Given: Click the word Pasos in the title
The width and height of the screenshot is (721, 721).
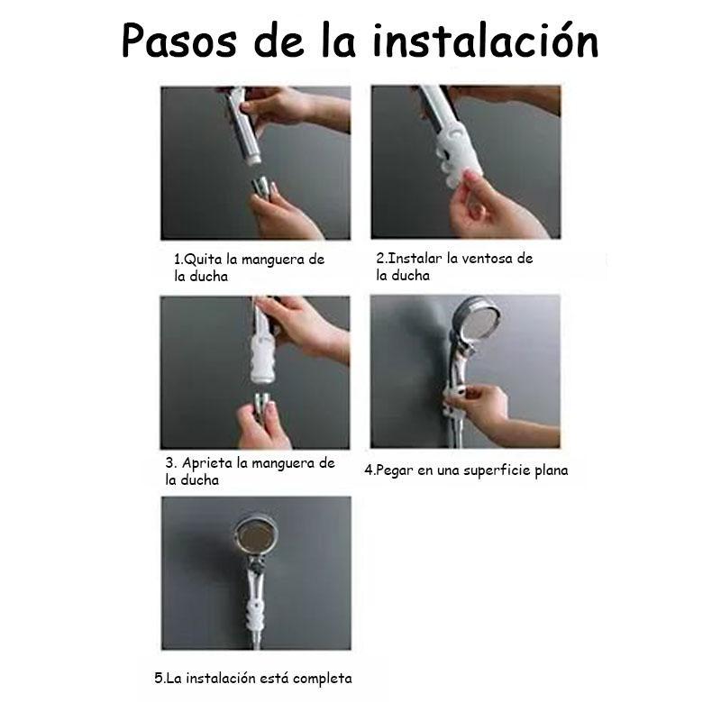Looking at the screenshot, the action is point(179,41).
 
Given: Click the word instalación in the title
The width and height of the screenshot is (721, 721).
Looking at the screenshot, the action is point(486,41).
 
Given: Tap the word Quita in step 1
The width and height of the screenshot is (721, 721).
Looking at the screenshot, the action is point(203,260).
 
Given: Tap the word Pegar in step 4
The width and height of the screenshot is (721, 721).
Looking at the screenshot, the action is point(394,470).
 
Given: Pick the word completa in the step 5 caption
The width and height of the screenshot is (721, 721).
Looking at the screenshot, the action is point(323,679).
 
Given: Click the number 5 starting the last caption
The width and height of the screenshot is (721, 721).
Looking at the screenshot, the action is point(159,679).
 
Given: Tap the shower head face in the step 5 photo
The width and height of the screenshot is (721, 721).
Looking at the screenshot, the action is point(256,535).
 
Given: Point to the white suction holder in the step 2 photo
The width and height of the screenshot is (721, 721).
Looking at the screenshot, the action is point(457,151).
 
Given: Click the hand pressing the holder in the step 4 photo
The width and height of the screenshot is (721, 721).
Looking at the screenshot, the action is point(488,410).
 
